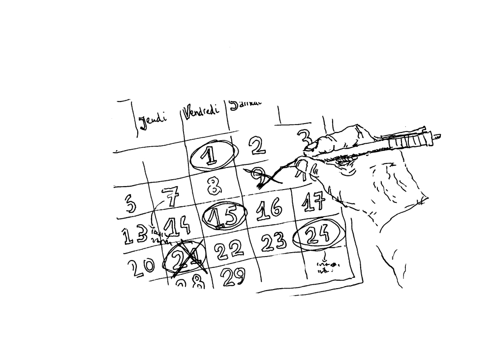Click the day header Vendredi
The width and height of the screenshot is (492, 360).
[x=202, y=111]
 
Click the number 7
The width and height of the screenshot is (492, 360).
[x=169, y=199]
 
